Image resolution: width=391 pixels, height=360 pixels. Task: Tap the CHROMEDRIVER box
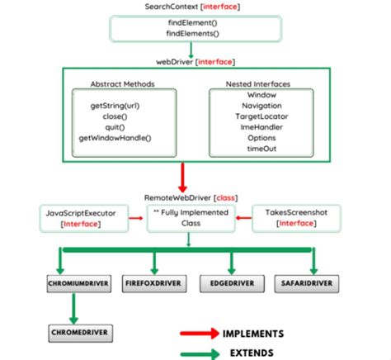78,333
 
